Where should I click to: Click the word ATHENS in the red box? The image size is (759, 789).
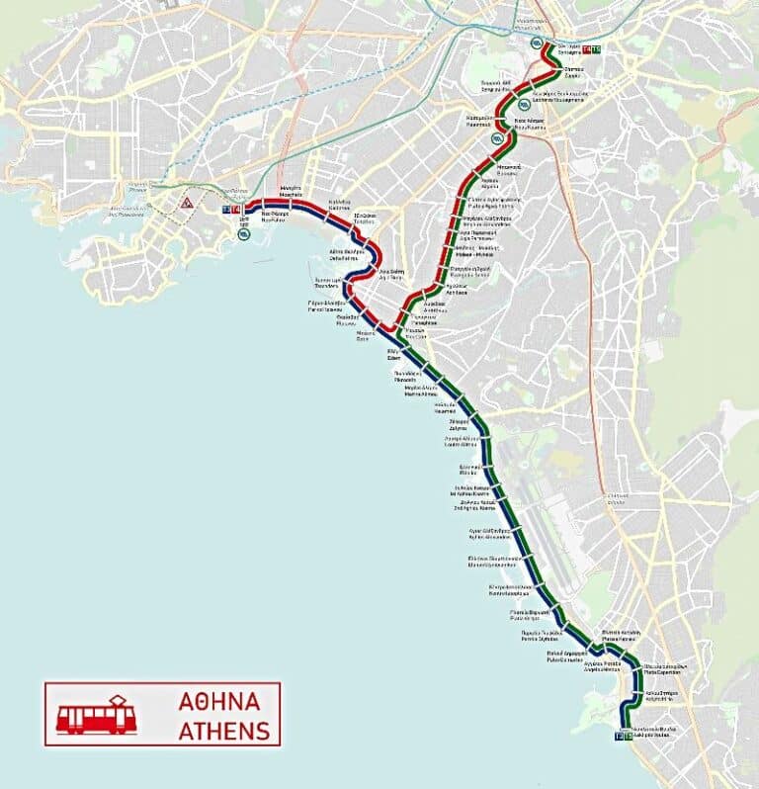click(223, 731)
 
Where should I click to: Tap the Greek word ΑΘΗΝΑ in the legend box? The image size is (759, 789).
click(219, 702)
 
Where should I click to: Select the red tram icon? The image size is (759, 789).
click(95, 715)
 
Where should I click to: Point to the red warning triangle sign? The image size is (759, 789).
click(186, 203)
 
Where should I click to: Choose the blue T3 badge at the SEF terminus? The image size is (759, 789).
click(227, 210)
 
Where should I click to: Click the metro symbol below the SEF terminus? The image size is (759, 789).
click(243, 235)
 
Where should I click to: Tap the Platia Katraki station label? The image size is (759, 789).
click(625, 636)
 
